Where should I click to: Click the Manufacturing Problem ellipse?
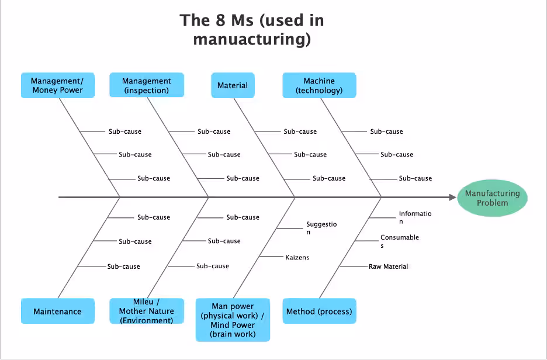pos(492,198)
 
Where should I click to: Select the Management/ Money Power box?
pos(57,85)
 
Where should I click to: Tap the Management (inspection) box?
pos(146,85)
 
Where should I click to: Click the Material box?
pos(233,85)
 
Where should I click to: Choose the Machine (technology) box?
pos(319,85)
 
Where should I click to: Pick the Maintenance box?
pos(57,311)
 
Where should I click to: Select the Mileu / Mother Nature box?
pos(146,311)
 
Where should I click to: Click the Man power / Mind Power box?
pos(233,320)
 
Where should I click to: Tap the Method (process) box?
pos(319,311)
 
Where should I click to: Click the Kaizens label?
pos(297,257)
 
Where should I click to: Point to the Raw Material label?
pos(388,266)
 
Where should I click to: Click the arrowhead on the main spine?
pos(452,198)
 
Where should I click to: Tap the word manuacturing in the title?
pos(251,40)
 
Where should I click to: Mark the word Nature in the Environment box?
pos(161,311)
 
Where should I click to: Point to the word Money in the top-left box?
pos(44,90)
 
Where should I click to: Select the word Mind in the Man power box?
pos(221,325)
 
